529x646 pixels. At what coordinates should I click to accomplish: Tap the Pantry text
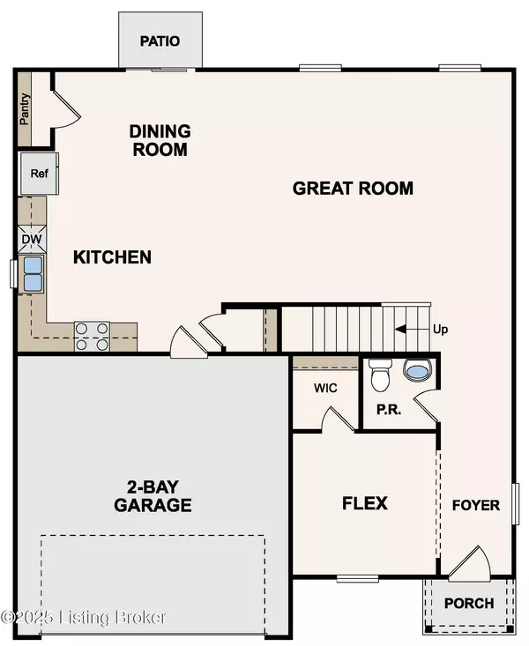26,110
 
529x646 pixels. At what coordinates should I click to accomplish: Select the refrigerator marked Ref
39,173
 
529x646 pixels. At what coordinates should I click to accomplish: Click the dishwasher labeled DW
31,237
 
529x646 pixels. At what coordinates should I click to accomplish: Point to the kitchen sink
33,273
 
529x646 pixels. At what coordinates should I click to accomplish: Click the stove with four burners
92,336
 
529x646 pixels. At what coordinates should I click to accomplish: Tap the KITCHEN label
112,257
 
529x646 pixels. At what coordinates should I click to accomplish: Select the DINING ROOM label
160,140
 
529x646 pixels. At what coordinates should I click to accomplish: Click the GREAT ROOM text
353,188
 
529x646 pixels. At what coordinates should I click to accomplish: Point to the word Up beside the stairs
440,330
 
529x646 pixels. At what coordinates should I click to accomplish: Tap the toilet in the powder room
380,375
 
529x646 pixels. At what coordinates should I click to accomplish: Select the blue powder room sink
415,371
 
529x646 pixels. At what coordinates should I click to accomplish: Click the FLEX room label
365,503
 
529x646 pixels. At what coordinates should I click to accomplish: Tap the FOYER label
476,505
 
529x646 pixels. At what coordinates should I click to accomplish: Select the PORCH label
469,605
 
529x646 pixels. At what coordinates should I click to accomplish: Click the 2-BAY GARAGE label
153,497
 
